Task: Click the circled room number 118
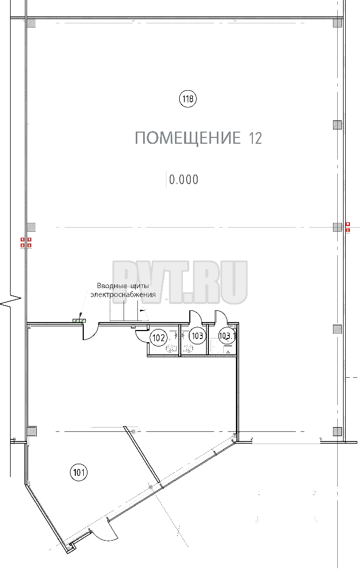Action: pos(188,99)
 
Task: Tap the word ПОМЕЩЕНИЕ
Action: pos(188,138)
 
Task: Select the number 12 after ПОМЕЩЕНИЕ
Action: pos(256,138)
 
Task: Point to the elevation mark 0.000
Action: pos(183,179)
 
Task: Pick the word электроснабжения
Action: pos(123,294)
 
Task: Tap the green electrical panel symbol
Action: pos(80,320)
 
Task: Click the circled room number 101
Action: pos(79,473)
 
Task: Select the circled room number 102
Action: pos(159,337)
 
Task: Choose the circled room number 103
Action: pos(198,335)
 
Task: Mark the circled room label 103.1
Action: pos(227,335)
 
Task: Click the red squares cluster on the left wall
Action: pos(25,242)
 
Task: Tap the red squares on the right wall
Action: pos(348,227)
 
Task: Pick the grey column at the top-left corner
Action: pos(32,23)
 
